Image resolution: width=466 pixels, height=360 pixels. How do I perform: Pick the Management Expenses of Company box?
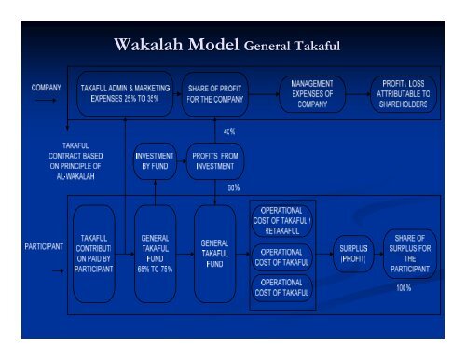pyautogui.click(x=312, y=94)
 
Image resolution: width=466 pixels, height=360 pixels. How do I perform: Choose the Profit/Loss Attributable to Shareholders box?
pyautogui.click(x=404, y=94)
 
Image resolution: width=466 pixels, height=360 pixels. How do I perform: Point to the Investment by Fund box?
pyautogui.click(x=154, y=159)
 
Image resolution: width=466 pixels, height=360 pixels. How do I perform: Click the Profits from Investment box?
pyautogui.click(x=215, y=159)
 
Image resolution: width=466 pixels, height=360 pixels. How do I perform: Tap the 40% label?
pyautogui.click(x=228, y=132)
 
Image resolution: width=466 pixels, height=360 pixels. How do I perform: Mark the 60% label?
pyautogui.click(x=233, y=187)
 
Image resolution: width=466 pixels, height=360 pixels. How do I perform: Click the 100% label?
pyautogui.click(x=404, y=288)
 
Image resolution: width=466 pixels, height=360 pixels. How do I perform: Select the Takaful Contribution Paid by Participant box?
pyautogui.click(x=95, y=254)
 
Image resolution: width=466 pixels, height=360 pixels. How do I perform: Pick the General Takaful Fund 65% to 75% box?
pyautogui.click(x=153, y=254)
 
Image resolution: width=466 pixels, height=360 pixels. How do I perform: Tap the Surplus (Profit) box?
pyautogui.click(x=353, y=252)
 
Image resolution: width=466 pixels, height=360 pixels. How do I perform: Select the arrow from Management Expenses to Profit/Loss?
pyautogui.click(x=358, y=93)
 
